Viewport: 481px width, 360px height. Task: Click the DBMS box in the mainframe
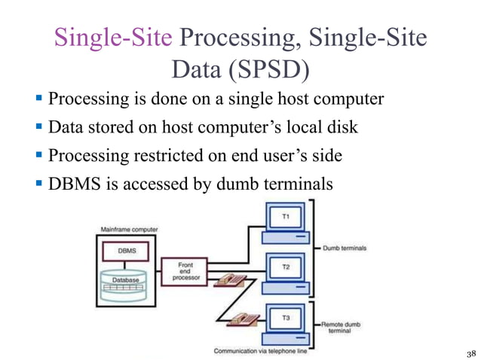pyautogui.click(x=126, y=250)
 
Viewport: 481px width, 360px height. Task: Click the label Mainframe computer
pyautogui.click(x=125, y=228)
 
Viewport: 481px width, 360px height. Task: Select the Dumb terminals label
pyautogui.click(x=345, y=248)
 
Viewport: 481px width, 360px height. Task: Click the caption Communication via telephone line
pyautogui.click(x=265, y=351)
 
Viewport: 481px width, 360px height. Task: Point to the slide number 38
pyautogui.click(x=471, y=352)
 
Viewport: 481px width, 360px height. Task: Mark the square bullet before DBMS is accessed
pyautogui.click(x=39, y=184)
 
